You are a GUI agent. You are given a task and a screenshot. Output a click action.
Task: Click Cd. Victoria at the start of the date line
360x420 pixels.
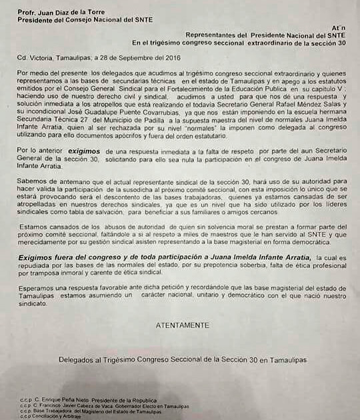(33, 57)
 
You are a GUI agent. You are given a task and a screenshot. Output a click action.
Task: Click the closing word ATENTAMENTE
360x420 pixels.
(181, 325)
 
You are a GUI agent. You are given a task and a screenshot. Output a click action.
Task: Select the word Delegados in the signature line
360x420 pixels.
(77, 361)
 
